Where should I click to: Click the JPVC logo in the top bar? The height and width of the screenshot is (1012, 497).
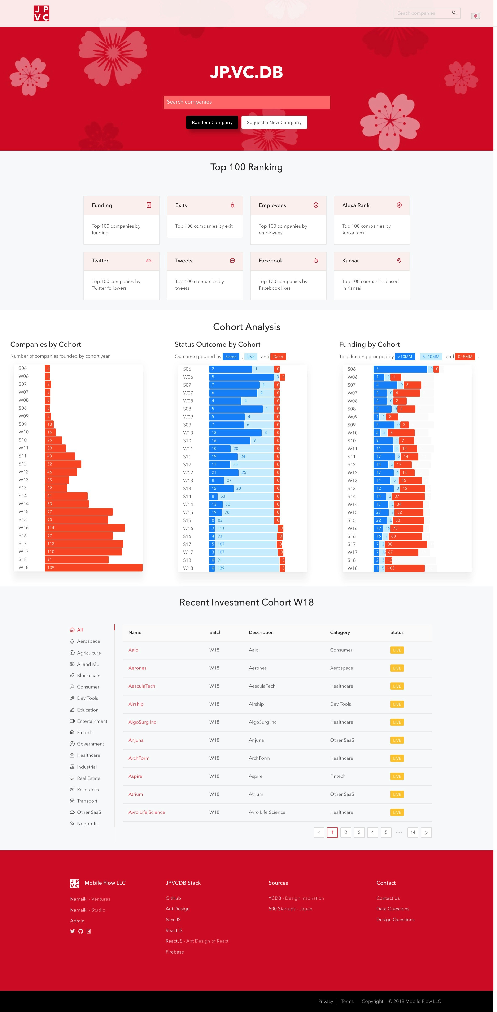(x=41, y=13)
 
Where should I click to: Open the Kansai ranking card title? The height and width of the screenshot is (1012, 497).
(x=350, y=261)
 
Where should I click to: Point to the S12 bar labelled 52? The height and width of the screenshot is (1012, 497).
(x=63, y=464)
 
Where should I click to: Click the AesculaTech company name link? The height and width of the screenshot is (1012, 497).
(x=141, y=686)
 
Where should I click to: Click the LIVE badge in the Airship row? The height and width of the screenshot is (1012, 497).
(x=397, y=704)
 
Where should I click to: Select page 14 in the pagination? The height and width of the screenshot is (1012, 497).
(x=413, y=832)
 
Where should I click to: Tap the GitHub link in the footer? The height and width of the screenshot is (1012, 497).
(x=173, y=898)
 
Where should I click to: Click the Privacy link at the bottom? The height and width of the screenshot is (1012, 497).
(x=325, y=1001)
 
